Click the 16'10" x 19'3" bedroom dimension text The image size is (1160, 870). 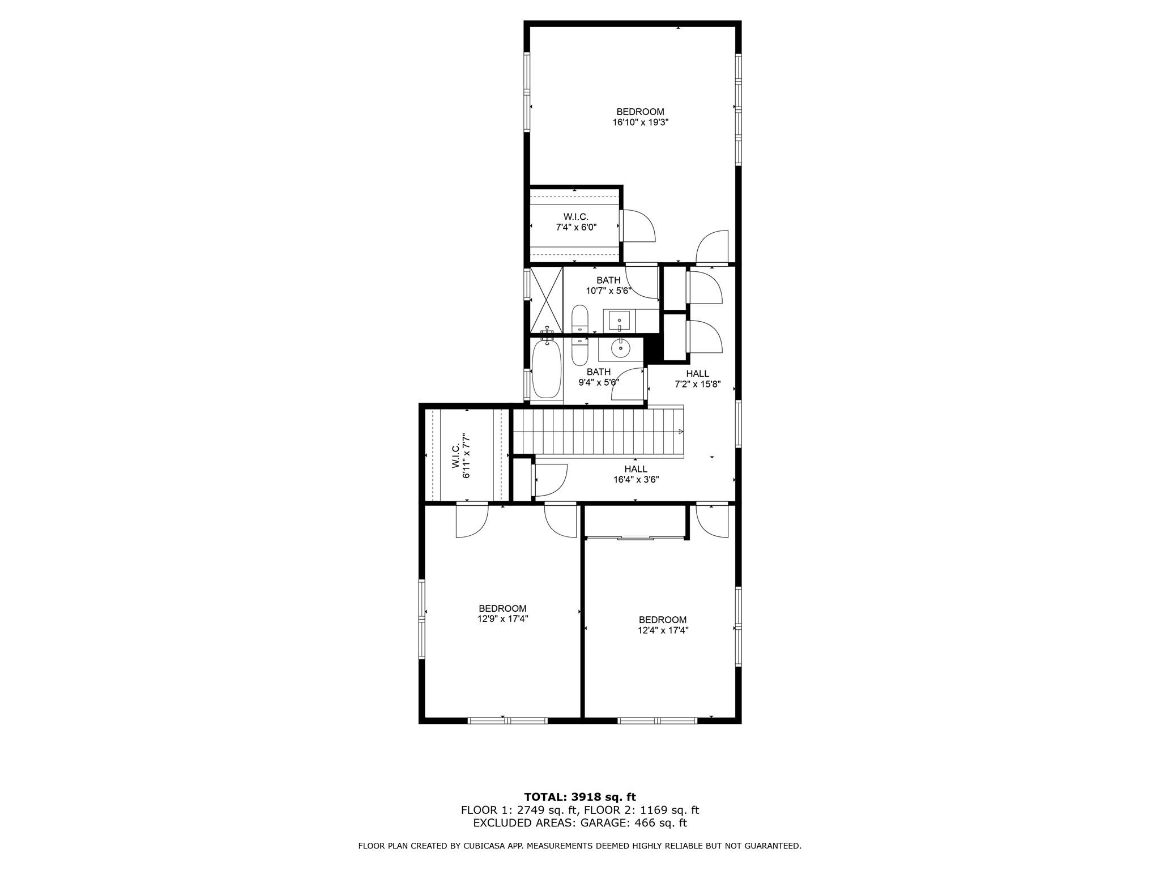coord(640,122)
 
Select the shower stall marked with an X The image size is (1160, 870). coord(546,299)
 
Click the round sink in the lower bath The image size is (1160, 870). coord(621,349)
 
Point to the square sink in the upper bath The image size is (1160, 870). coord(619,321)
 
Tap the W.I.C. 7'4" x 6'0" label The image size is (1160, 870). coord(575,222)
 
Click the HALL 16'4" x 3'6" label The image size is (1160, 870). coord(636,474)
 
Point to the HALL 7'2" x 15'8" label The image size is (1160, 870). coord(697,379)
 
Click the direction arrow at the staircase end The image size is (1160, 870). coord(681,432)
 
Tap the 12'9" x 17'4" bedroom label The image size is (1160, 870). coord(502,614)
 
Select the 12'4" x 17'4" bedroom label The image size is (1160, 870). coord(662,625)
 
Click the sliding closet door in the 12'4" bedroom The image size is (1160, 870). coord(634,537)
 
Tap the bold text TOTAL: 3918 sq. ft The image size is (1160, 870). coord(579,797)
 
